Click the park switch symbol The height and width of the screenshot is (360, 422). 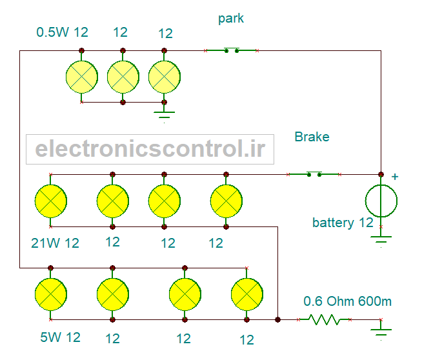coord(232,50)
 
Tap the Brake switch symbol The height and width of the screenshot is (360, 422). coord(314,174)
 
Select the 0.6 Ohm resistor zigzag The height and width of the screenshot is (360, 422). coord(325,319)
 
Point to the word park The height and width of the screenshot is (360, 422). coord(231,19)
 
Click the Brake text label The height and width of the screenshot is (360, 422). coord(312,137)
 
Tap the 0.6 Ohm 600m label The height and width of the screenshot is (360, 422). coord(347,301)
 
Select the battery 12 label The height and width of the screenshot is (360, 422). coord(343,223)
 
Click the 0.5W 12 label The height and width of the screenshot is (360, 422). coord(62,32)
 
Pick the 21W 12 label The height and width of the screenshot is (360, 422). coord(55,243)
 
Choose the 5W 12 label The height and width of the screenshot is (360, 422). coord(60,337)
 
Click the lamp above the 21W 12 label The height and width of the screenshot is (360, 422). coord(51,201)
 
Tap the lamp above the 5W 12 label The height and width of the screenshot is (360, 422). coord(51,294)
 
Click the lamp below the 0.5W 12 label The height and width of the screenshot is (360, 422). coord(82,77)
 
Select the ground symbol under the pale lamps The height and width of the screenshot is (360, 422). coord(164,114)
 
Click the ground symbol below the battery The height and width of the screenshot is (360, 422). coord(381,239)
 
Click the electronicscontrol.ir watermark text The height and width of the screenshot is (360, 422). coord(150,149)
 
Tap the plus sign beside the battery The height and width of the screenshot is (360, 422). coord(395,177)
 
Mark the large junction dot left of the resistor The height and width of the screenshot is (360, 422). coord(277,319)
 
